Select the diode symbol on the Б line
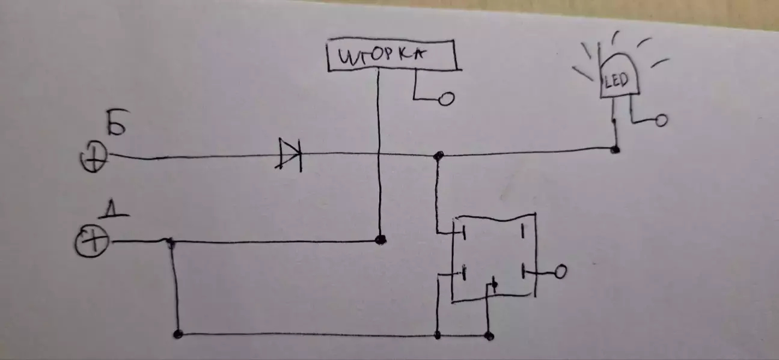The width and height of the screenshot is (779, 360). (290, 154)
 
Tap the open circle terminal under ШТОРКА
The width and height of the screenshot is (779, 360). (445, 99)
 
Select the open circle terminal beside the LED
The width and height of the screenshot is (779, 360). (661, 121)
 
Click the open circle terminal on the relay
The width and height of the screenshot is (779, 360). (560, 273)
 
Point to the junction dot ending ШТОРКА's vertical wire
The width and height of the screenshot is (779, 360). (379, 239)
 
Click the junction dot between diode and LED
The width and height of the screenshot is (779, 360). (438, 156)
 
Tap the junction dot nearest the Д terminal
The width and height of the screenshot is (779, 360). (170, 242)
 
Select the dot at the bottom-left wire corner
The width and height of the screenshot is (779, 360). (177, 334)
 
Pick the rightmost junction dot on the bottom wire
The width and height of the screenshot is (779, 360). (490, 334)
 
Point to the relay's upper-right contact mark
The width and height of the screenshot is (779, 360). (522, 231)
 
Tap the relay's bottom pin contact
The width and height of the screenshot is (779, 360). (494, 285)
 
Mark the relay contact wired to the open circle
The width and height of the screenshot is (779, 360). (525, 272)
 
